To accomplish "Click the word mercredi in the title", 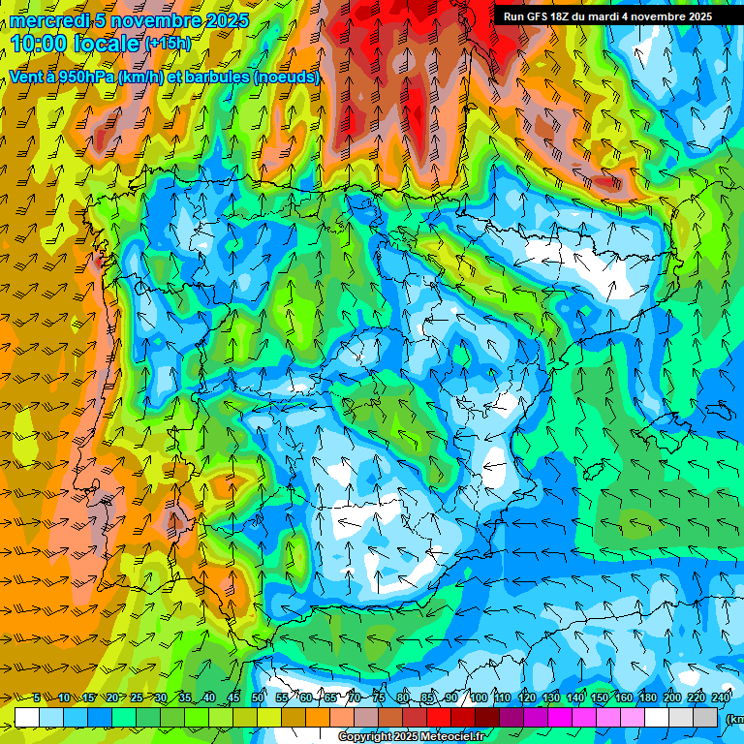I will tap(47, 20).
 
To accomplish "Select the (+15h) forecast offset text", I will tap(168, 44).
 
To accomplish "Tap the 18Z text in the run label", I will tap(560, 16).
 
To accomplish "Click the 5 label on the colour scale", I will tap(36, 697).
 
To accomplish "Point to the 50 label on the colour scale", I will tap(258, 697).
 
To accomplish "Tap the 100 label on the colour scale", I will tap(478, 697).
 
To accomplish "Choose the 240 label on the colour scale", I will tap(721, 697).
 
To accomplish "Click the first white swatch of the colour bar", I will tap(27, 717).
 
